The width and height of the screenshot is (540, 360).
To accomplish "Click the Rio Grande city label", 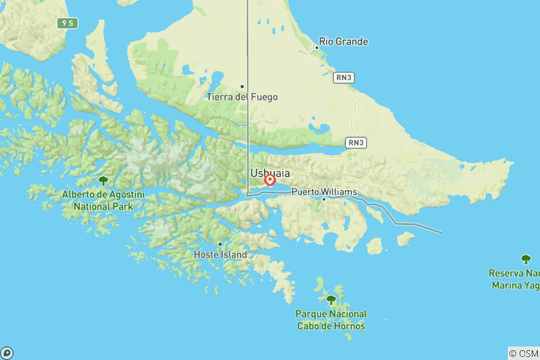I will (x=343, y=42).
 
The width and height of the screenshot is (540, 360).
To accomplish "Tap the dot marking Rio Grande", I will (x=316, y=47).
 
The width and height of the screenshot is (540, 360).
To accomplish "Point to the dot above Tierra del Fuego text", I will (x=242, y=86).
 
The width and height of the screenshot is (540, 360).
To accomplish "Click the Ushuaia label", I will (x=270, y=173).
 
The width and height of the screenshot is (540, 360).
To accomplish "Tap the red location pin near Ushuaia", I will (x=270, y=180).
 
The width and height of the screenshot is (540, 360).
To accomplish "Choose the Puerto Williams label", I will (x=323, y=190).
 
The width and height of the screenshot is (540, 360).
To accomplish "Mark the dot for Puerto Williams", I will (x=324, y=199).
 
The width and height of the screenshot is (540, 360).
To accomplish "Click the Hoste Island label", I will (x=220, y=254).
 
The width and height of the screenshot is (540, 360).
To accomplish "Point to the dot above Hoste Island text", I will (x=220, y=244).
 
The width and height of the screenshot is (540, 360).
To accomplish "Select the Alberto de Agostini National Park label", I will (x=103, y=200).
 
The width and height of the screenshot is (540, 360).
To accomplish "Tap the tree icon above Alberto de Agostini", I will (x=103, y=181).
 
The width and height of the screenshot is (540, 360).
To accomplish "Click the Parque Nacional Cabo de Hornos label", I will (x=331, y=319).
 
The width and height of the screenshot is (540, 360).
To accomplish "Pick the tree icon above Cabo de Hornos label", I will (x=331, y=299).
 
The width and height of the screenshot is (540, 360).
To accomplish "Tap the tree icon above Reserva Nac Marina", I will (x=528, y=259).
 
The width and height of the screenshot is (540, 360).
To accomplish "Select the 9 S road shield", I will (x=68, y=23).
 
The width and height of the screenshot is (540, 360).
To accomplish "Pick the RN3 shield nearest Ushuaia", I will (x=356, y=142).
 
